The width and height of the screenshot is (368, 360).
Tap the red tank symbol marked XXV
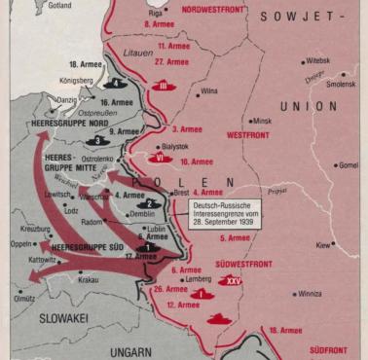pos(232,281)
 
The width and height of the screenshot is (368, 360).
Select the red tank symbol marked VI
pos(161,155)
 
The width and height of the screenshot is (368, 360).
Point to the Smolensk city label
pos(340,85)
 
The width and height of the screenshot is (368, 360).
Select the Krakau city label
pos(88,279)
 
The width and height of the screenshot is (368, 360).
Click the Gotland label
pos(59,6)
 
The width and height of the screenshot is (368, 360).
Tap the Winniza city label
pos(310,293)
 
